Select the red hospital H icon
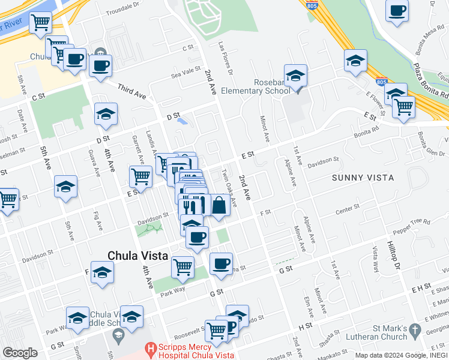point(151,347)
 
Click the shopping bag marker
point(220,206)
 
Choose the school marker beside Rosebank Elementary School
point(295,76)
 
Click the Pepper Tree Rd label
point(412,226)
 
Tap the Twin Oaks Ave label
point(229,187)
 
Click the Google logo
point(20,352)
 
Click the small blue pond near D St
point(183,121)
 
